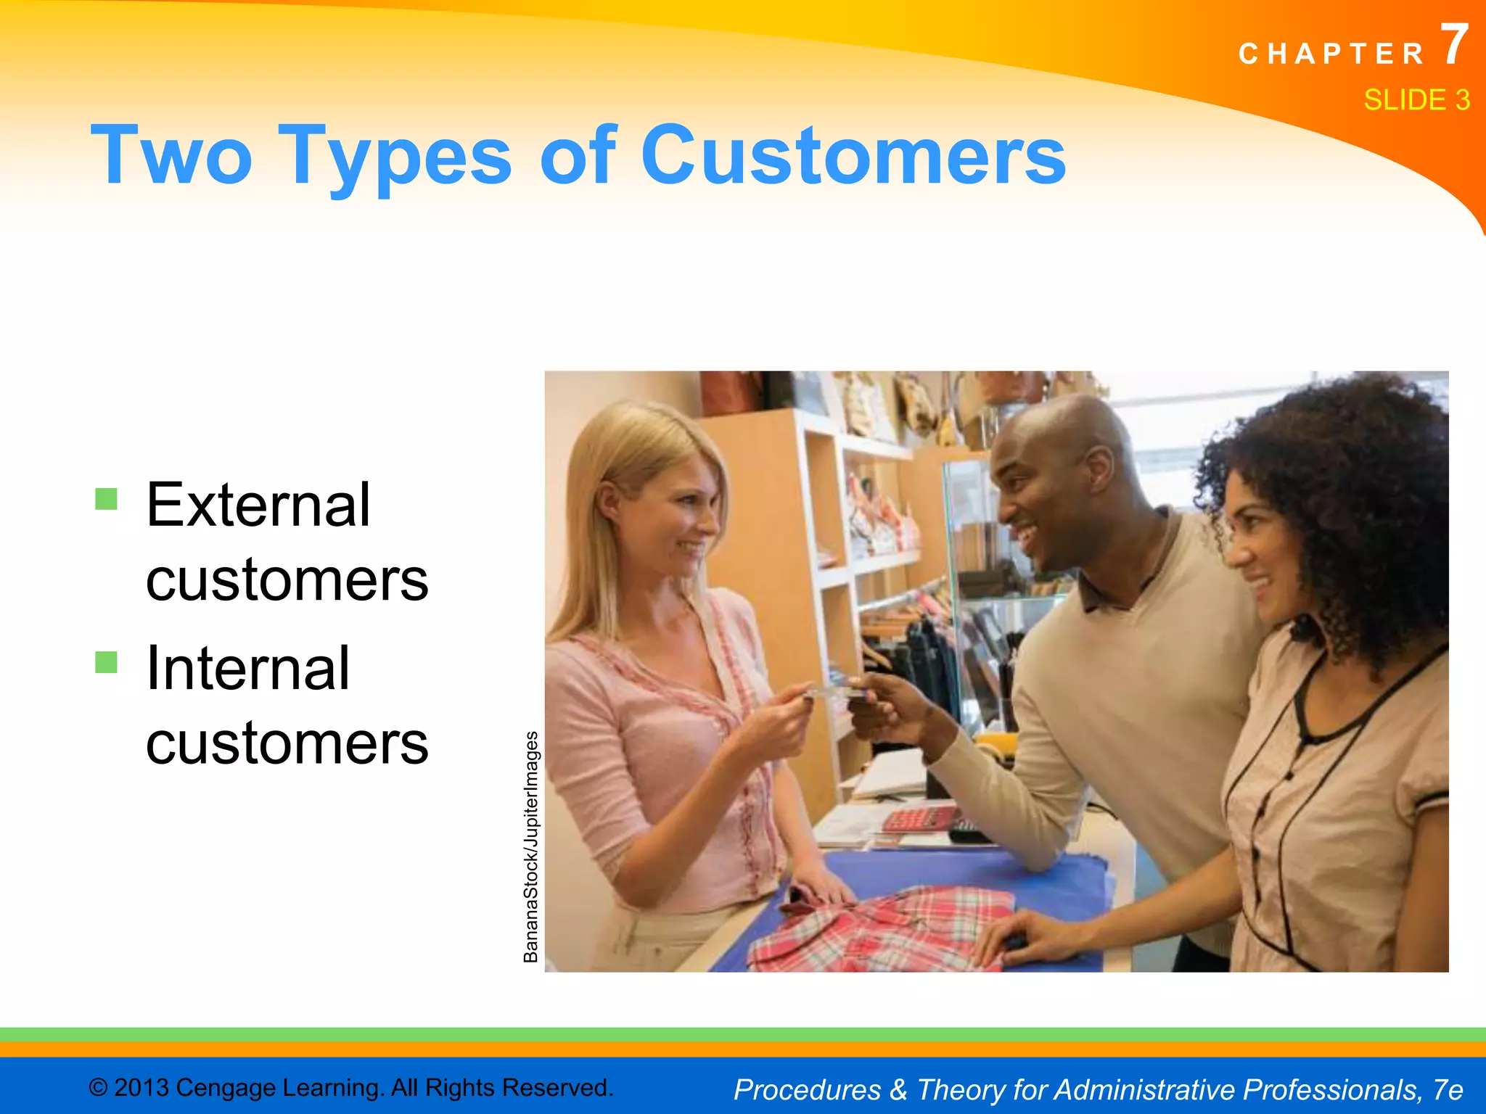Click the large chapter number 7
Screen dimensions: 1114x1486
coord(1453,45)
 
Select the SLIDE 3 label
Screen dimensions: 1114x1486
coord(1416,99)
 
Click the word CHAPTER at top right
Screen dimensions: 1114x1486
coord(1331,54)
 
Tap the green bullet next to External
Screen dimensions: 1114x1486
coord(106,499)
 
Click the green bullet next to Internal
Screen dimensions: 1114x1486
coord(106,661)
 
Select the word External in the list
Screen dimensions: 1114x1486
coord(258,505)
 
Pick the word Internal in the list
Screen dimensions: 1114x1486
coord(247,668)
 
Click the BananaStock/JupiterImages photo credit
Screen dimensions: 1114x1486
coord(531,846)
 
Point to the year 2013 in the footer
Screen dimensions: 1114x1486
coord(142,1088)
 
